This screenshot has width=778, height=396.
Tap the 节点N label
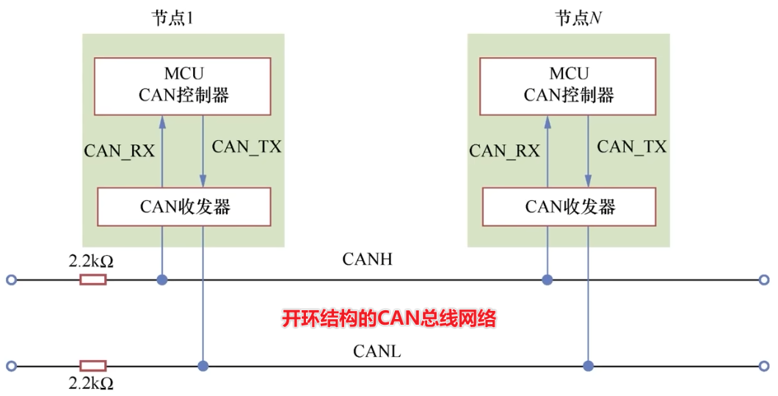pos(573,18)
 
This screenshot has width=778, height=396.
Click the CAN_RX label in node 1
pos(119,151)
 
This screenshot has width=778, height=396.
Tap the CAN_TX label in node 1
pos(246,146)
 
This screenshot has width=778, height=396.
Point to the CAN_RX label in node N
pos(504,151)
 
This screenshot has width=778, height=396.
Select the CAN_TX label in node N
pos(631,146)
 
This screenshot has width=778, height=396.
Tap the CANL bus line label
pos(377,351)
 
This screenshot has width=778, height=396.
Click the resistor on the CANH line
pos(93,279)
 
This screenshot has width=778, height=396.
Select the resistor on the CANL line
pos(93,365)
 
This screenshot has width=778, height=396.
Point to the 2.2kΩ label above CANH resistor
pos(91,260)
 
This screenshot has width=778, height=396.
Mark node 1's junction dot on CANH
pos(162,279)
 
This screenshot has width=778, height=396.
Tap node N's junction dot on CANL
pos(587,365)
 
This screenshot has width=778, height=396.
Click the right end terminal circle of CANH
pos(764,279)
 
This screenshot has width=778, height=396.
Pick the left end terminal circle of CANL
pos(10,365)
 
